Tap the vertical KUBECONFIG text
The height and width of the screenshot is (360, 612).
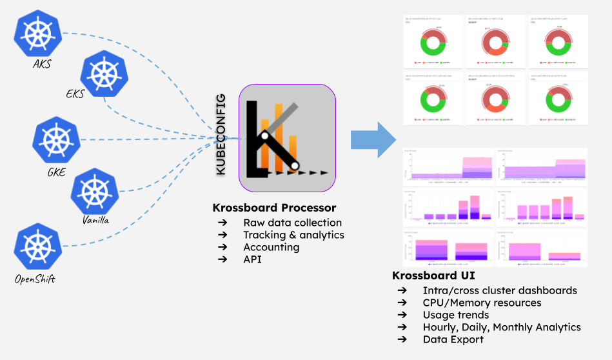point(221,134)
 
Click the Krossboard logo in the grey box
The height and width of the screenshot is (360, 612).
point(287,138)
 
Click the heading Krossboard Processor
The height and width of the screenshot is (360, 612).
point(274,208)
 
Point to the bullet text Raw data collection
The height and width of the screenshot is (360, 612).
point(292,223)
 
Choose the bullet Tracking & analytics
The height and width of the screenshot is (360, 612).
point(293,235)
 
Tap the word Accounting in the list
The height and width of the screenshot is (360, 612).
point(271,247)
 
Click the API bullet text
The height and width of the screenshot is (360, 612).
point(252,259)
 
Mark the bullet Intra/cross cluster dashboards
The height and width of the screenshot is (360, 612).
point(500,290)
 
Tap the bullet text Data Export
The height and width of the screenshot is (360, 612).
point(453,339)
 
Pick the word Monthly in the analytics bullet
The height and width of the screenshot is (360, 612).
point(516,327)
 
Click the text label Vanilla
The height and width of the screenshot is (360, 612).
point(95,220)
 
